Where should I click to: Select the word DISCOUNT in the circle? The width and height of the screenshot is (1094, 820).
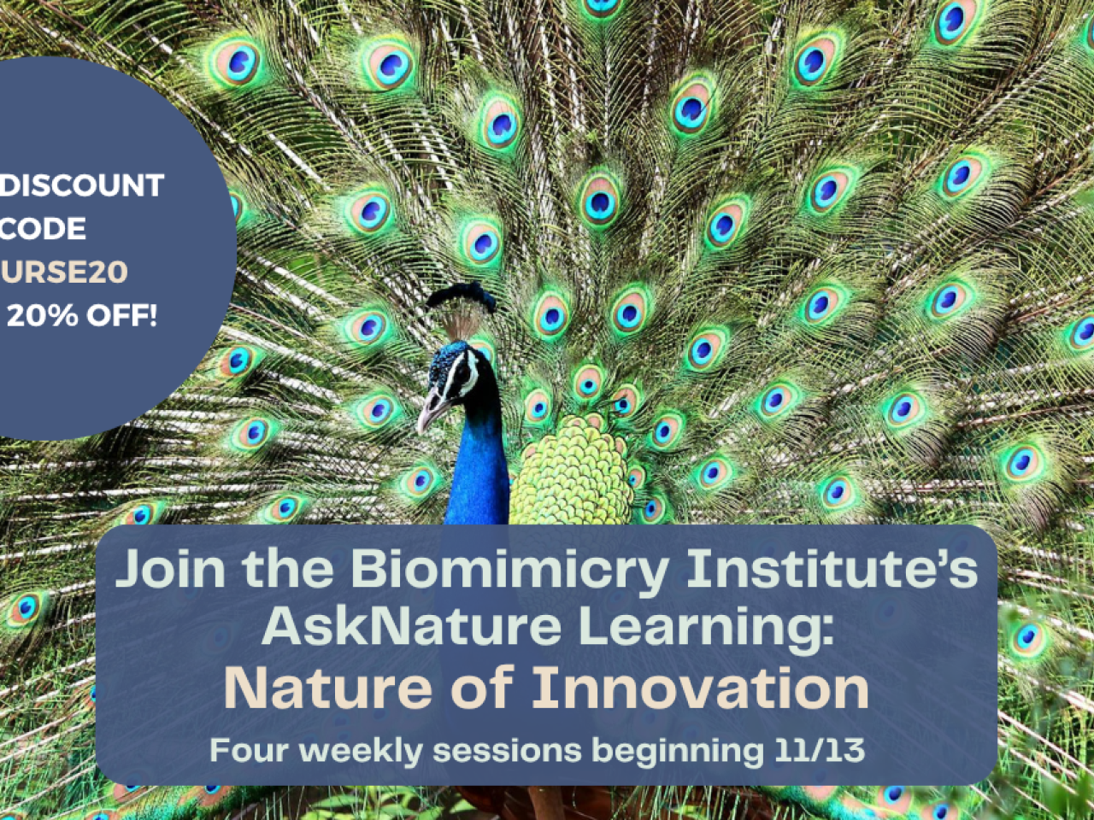82,185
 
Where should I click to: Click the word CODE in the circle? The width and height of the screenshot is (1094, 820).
44,229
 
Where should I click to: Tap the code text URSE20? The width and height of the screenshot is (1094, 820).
64,272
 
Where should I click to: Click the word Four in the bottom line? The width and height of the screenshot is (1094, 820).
249,750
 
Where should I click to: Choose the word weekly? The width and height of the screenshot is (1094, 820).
361,751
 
